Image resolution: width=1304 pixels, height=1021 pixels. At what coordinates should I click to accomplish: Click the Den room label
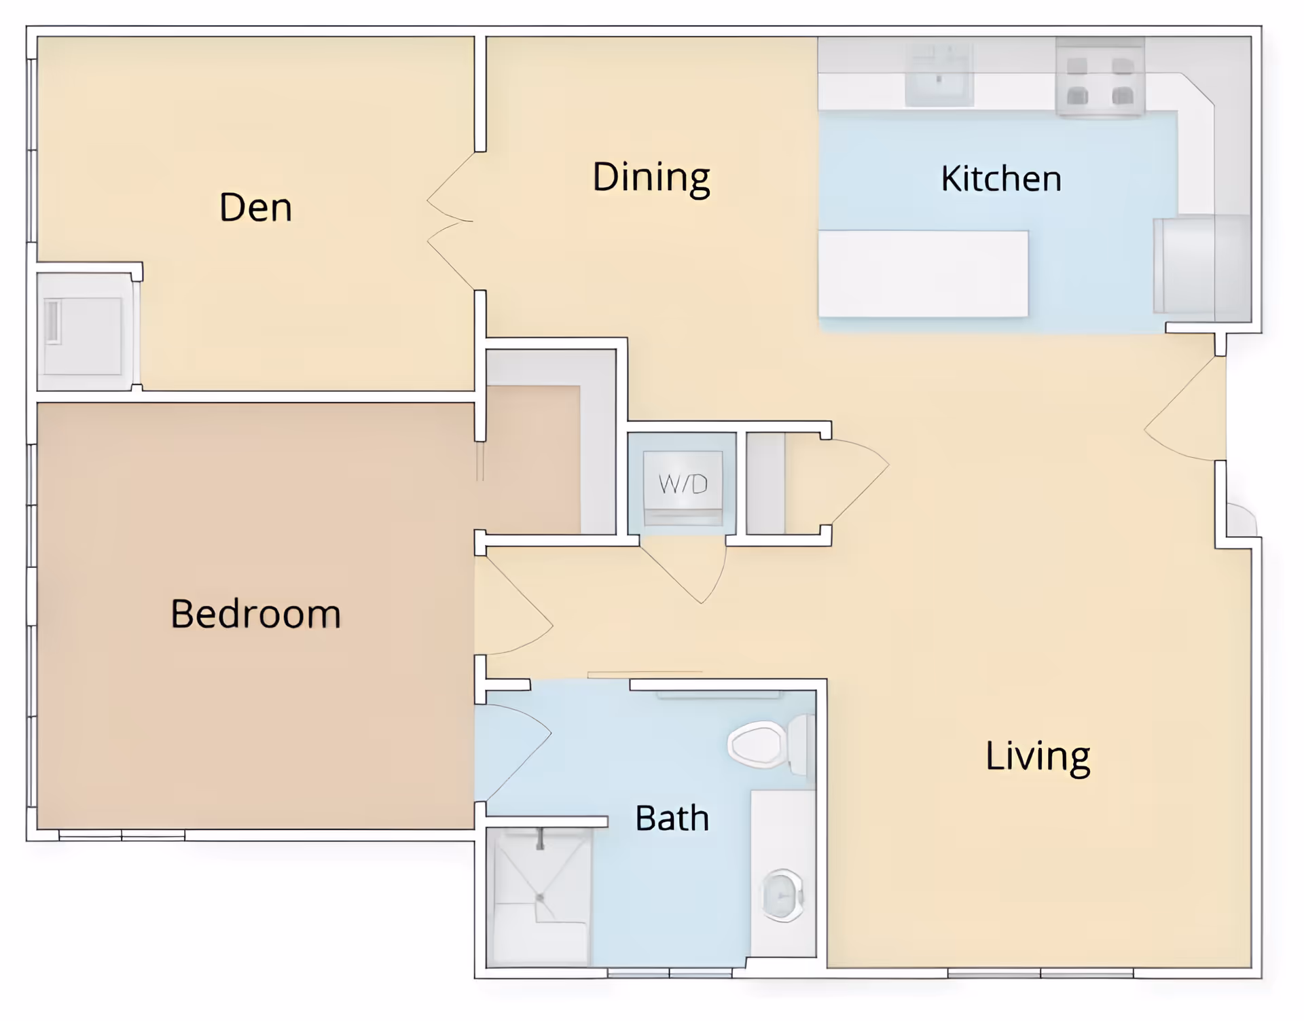click(255, 207)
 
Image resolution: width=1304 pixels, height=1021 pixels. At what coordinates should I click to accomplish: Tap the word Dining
click(651, 178)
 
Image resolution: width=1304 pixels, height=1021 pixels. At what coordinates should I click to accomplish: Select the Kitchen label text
click(1001, 179)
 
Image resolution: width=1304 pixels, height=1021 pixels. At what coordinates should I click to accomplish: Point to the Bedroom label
click(255, 613)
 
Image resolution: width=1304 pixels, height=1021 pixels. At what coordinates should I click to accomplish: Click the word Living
click(1038, 757)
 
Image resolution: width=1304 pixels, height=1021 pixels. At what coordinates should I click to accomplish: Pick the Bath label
click(672, 818)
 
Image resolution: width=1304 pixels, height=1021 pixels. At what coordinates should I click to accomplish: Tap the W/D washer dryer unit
click(683, 488)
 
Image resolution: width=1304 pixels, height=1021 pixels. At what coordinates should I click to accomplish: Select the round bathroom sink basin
click(783, 895)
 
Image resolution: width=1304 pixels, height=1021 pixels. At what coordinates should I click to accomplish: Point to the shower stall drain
click(540, 897)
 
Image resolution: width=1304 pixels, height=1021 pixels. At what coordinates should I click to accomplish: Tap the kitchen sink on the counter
click(939, 75)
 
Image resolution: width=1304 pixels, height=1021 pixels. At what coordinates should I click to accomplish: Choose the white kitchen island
click(923, 274)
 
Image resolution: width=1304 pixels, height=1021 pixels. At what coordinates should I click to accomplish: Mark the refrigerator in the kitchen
click(1201, 264)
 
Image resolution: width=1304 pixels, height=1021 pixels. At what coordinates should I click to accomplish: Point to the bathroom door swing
click(514, 752)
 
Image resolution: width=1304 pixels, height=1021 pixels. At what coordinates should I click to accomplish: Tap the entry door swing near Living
click(1186, 408)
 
